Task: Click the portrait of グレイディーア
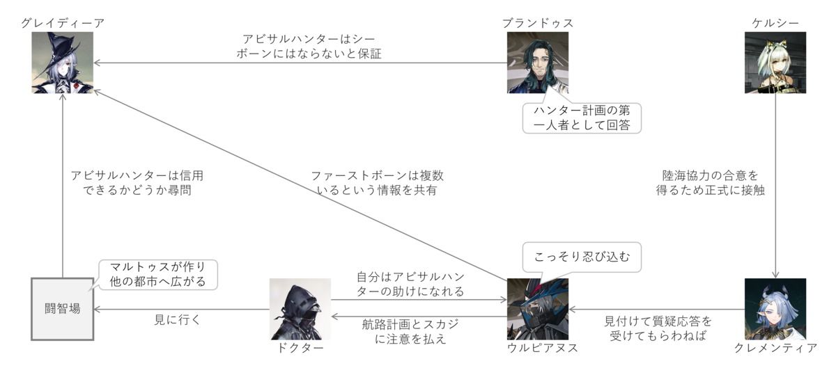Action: pyautogui.click(x=63, y=63)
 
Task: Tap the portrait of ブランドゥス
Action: pyautogui.click(x=538, y=63)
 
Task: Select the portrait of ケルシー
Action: pyautogui.click(x=775, y=63)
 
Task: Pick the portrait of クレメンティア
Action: pyautogui.click(x=775, y=309)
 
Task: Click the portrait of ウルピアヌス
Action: pyautogui.click(x=538, y=309)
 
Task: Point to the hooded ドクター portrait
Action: pyautogui.click(x=300, y=309)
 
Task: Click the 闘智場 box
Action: pyautogui.click(x=63, y=309)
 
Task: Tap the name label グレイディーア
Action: pyautogui.click(x=63, y=23)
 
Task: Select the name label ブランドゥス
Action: pyautogui.click(x=538, y=23)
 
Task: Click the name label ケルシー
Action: pyautogui.click(x=775, y=23)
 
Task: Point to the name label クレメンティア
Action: pyautogui.click(x=775, y=348)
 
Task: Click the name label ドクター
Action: pyautogui.click(x=300, y=348)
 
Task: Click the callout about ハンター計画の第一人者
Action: pyautogui.click(x=582, y=118)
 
